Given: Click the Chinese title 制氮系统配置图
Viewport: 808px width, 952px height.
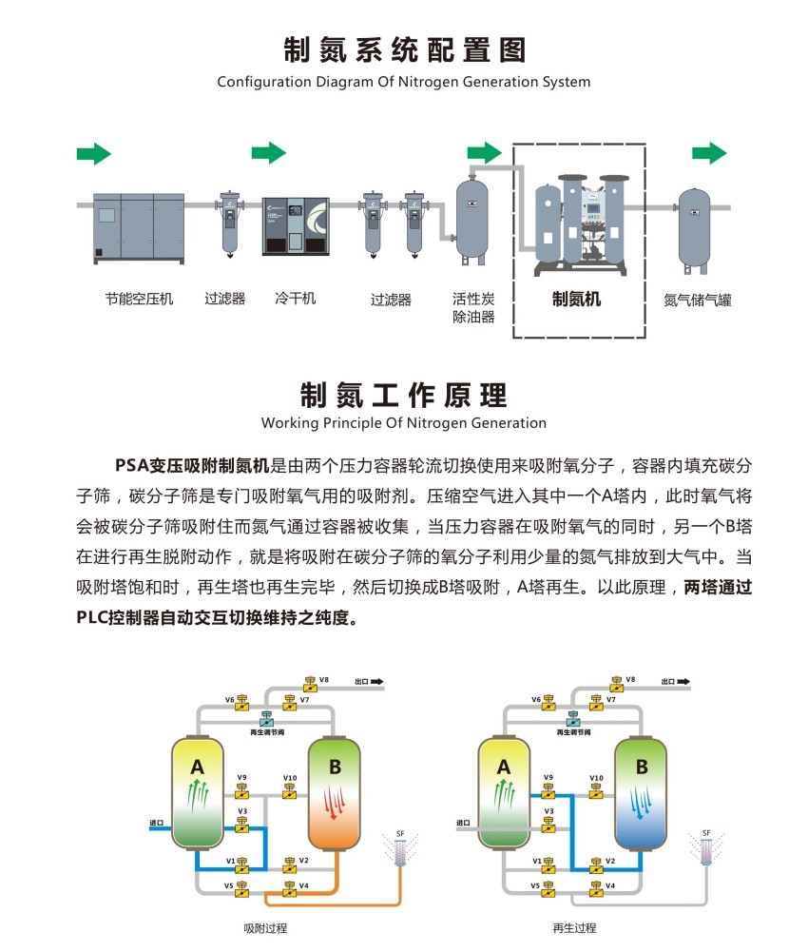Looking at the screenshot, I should [x=404, y=49].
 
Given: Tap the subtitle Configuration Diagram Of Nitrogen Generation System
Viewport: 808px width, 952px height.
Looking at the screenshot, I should [x=404, y=82].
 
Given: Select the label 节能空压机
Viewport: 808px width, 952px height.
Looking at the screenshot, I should [x=139, y=299].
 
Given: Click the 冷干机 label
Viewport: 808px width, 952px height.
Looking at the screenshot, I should [x=295, y=299].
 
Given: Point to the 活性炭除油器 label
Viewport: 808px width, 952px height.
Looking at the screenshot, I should [x=473, y=307].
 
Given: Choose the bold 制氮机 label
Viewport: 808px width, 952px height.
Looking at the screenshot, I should [x=577, y=299].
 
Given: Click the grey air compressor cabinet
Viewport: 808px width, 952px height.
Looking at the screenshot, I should [x=139, y=226].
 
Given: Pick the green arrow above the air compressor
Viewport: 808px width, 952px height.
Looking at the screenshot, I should [x=93, y=153].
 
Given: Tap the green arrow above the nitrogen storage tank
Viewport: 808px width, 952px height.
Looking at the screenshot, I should [x=709, y=153].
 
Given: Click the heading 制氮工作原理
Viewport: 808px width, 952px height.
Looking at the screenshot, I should [x=404, y=394].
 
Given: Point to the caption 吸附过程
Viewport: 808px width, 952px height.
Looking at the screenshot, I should [x=265, y=928].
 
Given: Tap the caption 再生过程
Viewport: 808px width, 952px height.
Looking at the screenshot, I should [x=574, y=928].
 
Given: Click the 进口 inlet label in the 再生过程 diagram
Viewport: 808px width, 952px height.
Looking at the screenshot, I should [x=463, y=824].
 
